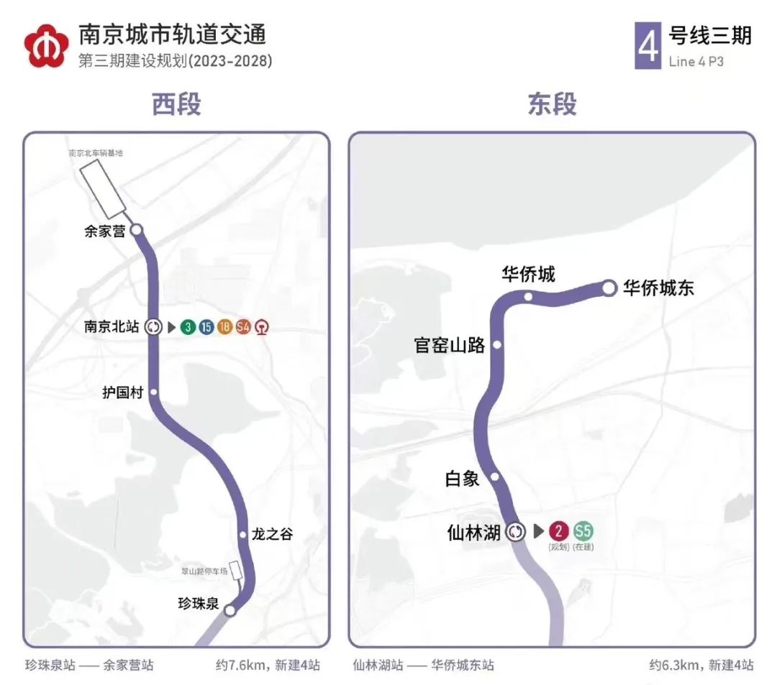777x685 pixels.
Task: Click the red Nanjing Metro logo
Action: coord(47,45)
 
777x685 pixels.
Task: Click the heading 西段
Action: coord(176,105)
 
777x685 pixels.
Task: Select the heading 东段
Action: coord(552,105)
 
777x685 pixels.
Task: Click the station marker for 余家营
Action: coord(136,230)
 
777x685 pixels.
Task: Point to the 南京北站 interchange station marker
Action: coord(153,327)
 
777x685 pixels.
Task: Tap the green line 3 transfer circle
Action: coord(188,327)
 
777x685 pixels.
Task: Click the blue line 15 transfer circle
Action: coord(206,327)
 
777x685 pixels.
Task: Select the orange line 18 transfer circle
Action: coord(224,327)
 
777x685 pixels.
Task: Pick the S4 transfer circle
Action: coord(243,327)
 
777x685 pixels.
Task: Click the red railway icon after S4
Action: coord(262,327)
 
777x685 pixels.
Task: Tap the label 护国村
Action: coord(123,392)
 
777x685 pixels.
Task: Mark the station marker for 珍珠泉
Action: coord(230,610)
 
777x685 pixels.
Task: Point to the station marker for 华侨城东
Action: coord(609,288)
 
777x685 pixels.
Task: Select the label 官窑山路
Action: coord(450,346)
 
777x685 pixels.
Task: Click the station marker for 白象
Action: coord(495,477)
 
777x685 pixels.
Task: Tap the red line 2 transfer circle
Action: coord(559,532)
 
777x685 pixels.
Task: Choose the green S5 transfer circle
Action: coord(583,532)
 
